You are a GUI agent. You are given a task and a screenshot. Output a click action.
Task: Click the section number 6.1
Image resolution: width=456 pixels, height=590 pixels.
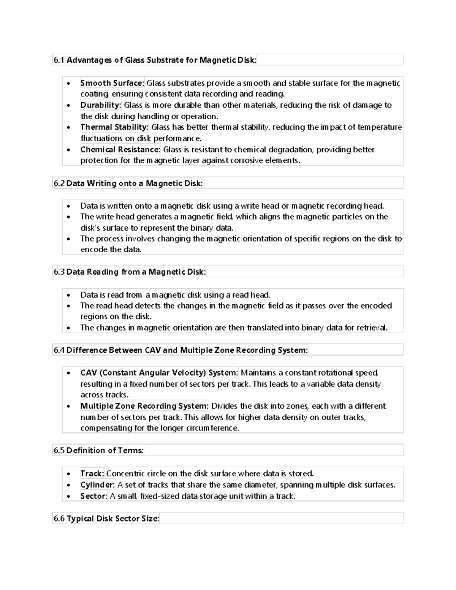pyautogui.click(x=59, y=60)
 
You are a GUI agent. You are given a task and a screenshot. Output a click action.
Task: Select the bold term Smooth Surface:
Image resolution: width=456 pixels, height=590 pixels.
pyautogui.click(x=112, y=83)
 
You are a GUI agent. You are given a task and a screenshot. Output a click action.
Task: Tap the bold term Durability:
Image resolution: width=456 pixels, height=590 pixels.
pyautogui.click(x=101, y=105)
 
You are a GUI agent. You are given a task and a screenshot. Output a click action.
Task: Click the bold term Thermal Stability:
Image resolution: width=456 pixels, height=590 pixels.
pyautogui.click(x=114, y=127)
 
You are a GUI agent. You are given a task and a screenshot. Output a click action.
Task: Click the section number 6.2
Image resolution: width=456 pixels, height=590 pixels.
pyautogui.click(x=59, y=183)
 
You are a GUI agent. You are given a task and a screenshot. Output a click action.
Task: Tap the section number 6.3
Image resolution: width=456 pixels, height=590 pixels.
pyautogui.click(x=59, y=272)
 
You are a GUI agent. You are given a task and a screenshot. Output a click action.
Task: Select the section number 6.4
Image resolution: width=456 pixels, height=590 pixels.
pyautogui.click(x=59, y=350)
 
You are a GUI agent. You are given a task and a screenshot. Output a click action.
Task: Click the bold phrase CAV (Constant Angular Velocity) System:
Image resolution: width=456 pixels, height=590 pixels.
pyautogui.click(x=159, y=373)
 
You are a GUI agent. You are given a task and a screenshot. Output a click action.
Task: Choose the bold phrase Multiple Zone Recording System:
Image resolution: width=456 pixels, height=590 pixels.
pyautogui.click(x=144, y=406)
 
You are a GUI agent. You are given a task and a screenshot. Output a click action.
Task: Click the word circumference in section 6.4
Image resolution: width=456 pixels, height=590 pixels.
pyautogui.click(x=215, y=428)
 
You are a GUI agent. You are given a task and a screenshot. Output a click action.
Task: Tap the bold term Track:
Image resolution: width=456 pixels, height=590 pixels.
pyautogui.click(x=92, y=474)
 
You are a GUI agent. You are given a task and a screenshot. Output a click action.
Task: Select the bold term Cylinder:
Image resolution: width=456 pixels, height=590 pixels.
pyautogui.click(x=97, y=485)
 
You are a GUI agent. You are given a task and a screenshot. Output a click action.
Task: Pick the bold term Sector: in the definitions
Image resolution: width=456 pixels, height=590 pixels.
pyautogui.click(x=94, y=496)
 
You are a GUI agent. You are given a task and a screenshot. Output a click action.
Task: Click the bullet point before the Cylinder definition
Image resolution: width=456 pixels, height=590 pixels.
pyautogui.click(x=68, y=486)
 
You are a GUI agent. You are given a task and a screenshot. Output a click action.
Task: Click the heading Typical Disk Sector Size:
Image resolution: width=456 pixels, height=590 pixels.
pyautogui.click(x=113, y=519)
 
